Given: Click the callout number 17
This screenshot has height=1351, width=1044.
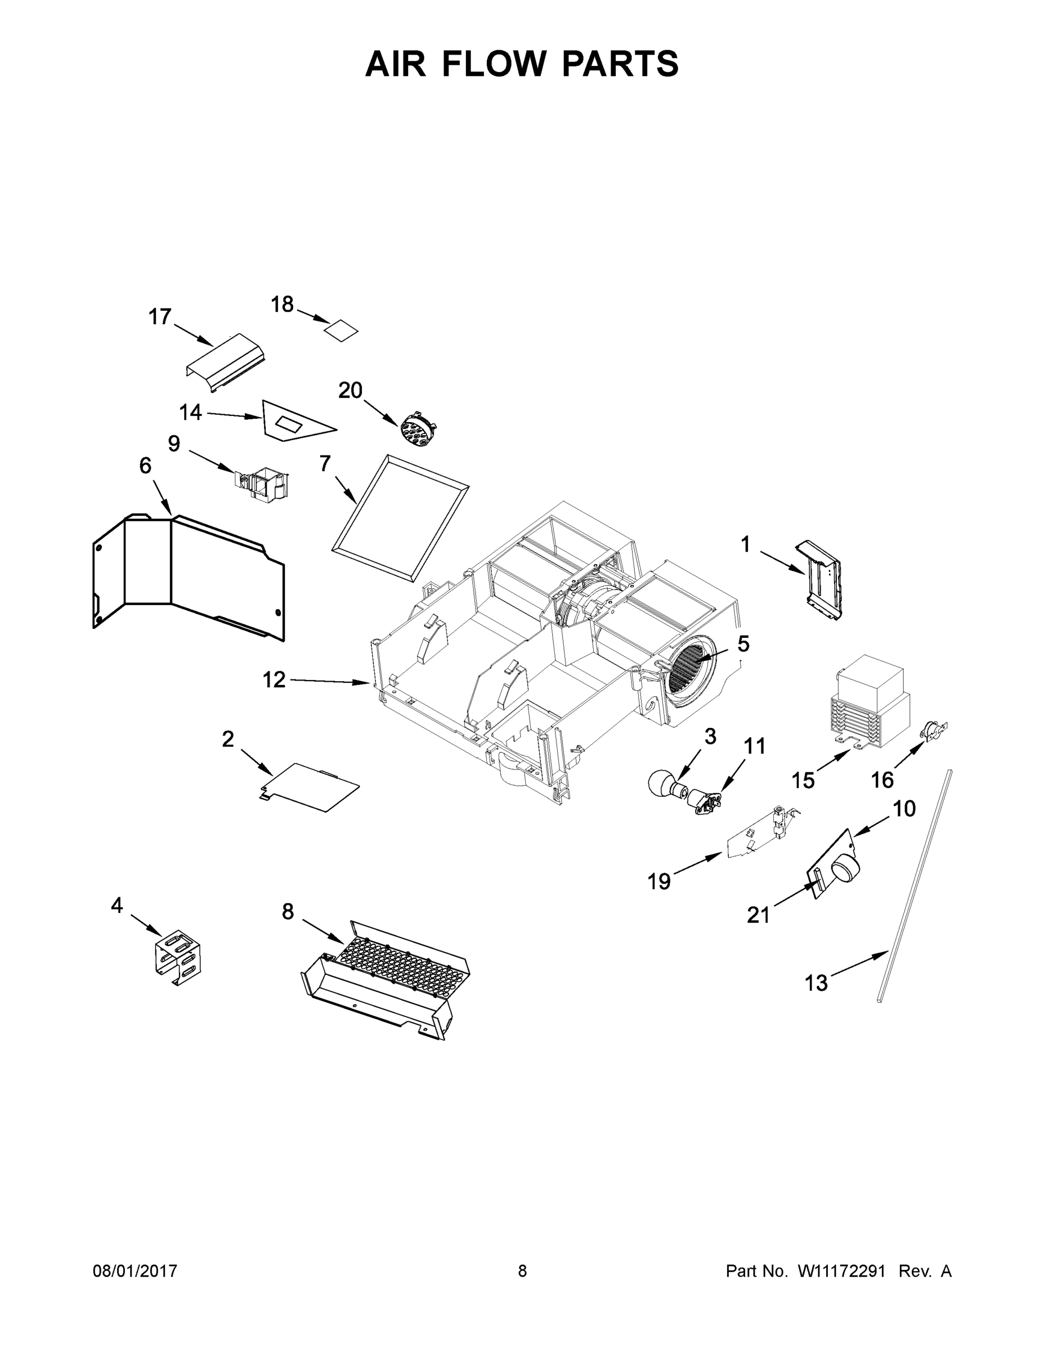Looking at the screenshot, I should click(x=160, y=317).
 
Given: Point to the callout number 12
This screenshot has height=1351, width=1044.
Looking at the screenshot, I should click(x=274, y=680).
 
